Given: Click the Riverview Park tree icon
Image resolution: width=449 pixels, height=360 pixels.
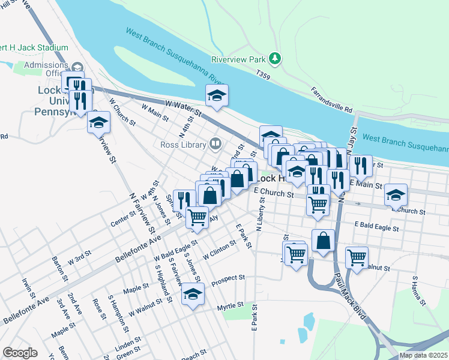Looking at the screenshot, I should pyautogui.click(x=275, y=58).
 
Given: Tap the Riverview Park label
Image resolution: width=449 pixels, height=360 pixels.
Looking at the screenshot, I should pyautogui.click(x=238, y=59).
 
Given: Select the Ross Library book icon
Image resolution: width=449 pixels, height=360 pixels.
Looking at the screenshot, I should pyautogui.click(x=214, y=143).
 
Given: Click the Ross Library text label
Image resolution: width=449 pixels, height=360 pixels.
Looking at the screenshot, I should pyautogui.click(x=182, y=144).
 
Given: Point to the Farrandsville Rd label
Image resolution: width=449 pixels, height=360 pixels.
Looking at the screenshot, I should pyautogui.click(x=331, y=100).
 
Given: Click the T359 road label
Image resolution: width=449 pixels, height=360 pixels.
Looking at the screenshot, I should pyautogui.click(x=263, y=75).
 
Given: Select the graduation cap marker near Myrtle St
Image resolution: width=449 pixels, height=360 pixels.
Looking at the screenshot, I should pyautogui.click(x=193, y=295).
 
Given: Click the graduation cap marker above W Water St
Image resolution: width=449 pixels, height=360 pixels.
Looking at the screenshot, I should pyautogui.click(x=217, y=95).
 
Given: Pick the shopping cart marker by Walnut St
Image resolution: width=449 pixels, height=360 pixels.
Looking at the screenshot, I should pyautogui.click(x=357, y=257).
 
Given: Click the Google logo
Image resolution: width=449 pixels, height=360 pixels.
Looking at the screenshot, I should pyautogui.click(x=20, y=353).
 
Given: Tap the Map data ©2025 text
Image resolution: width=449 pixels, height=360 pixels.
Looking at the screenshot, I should pyautogui.click(x=423, y=355).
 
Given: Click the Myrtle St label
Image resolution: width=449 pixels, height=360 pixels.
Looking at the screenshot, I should pyautogui.click(x=231, y=307).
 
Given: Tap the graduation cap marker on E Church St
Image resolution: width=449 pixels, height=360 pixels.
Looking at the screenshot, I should pyautogui.click(x=396, y=194).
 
